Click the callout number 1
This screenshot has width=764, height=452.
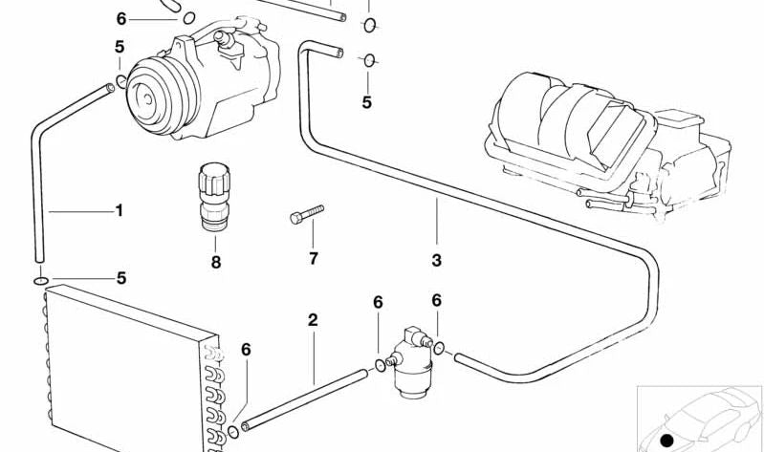pyautogui.click(x=120, y=210)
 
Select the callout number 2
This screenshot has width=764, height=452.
pyautogui.click(x=313, y=320)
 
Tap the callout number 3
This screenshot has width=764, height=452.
pyautogui.click(x=437, y=260)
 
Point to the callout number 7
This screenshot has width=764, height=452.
pyautogui.click(x=312, y=258)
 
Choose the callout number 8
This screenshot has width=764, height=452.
pyautogui.click(x=216, y=262)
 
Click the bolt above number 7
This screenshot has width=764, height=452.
pyautogui.click(x=307, y=214)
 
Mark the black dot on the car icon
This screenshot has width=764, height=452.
pyautogui.click(x=666, y=439)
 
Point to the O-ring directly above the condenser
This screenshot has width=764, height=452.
pyautogui.click(x=37, y=281)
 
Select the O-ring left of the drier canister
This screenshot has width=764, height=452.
pyautogui.click(x=381, y=364)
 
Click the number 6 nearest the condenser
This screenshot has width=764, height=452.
pyautogui.click(x=246, y=350)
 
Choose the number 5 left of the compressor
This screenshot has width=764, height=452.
pyautogui.click(x=119, y=47)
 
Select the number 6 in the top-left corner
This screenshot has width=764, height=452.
pyautogui.click(x=120, y=18)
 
